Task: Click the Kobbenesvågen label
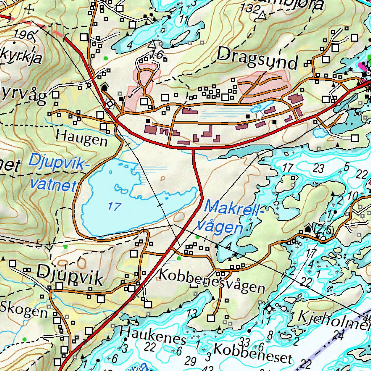coord(212,280)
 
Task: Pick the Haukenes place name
coord(153,336)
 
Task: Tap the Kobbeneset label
coord(253,353)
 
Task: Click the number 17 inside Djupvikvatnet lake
coord(114,207)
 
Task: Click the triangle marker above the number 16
coord(152,44)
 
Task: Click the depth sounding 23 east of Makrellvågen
coord(319,168)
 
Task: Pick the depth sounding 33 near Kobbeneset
coord(245,341)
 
